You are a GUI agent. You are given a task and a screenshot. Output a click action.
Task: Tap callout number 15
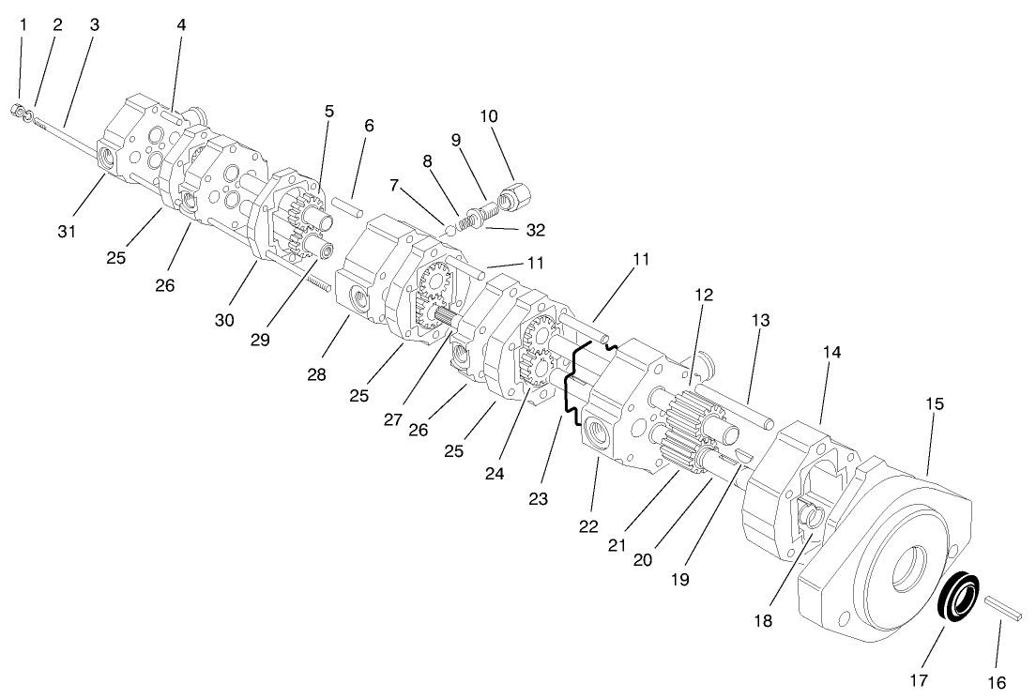click(x=934, y=404)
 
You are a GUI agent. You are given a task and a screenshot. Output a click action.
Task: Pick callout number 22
click(x=587, y=526)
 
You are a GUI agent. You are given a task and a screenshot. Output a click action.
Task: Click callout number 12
click(x=705, y=295)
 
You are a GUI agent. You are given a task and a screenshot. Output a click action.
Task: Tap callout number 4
click(x=181, y=25)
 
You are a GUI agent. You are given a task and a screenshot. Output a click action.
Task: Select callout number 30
click(x=224, y=320)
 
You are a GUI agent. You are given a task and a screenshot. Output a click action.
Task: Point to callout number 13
click(x=760, y=321)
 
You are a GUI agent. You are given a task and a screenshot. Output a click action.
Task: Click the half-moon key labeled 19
click(x=741, y=453)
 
